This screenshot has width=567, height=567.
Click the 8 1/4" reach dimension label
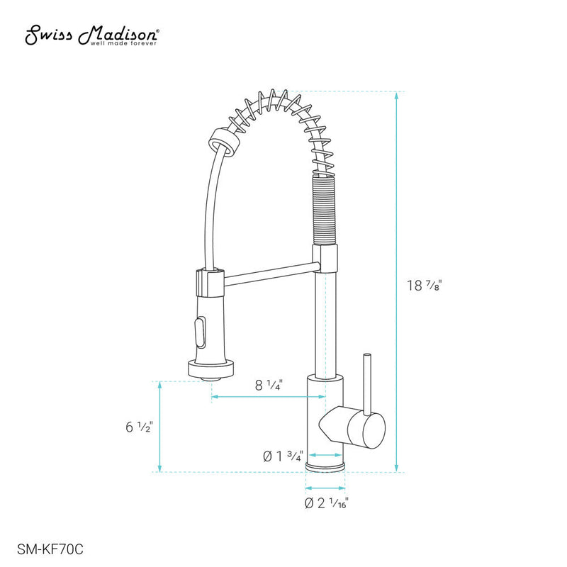269,386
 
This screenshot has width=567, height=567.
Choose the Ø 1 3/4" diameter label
283,456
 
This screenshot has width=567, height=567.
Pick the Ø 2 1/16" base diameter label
326,503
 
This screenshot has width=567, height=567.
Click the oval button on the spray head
198,330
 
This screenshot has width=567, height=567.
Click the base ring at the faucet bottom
326,466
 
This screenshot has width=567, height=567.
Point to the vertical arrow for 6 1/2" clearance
161,427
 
